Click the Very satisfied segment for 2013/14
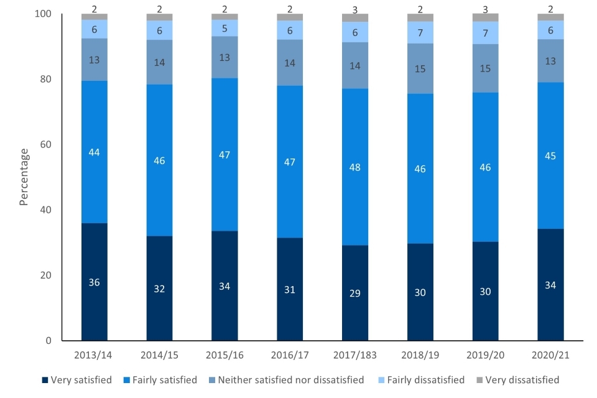[94, 282]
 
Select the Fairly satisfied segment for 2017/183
[355, 167]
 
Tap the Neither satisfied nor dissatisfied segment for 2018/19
[420, 68]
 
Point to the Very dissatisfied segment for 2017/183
[355, 17]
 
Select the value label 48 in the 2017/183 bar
[355, 167]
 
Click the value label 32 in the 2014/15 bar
[159, 288]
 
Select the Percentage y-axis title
[24, 177]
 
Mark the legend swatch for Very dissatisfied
[480, 380]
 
